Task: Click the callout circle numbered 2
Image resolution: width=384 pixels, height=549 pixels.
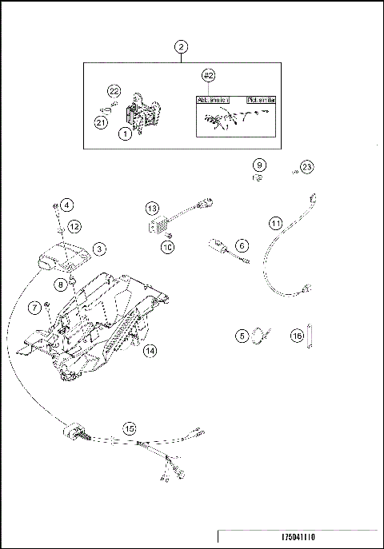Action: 182,47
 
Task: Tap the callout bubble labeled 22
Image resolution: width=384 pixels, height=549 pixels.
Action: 114,91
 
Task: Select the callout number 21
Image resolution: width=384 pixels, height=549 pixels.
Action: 101,121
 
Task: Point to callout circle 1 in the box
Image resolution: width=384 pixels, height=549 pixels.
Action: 126,135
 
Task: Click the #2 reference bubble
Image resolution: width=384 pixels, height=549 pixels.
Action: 209,75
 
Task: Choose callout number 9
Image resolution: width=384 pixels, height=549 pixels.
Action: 259,165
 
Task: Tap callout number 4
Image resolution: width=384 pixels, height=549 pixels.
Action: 67,205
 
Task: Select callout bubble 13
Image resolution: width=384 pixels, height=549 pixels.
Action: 151,208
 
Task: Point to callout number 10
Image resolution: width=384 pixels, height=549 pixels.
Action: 168,248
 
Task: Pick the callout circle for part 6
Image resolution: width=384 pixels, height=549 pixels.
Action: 242,245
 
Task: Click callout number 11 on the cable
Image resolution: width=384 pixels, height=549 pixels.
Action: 275,224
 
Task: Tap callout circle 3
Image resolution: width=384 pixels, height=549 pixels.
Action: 98,249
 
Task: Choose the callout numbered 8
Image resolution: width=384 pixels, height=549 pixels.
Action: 61,284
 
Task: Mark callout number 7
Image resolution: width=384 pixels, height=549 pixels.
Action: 34,308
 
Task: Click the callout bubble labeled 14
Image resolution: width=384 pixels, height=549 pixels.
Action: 150,350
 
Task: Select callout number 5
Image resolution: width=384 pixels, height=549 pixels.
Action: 242,336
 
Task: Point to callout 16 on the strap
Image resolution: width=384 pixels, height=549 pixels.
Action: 297,336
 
